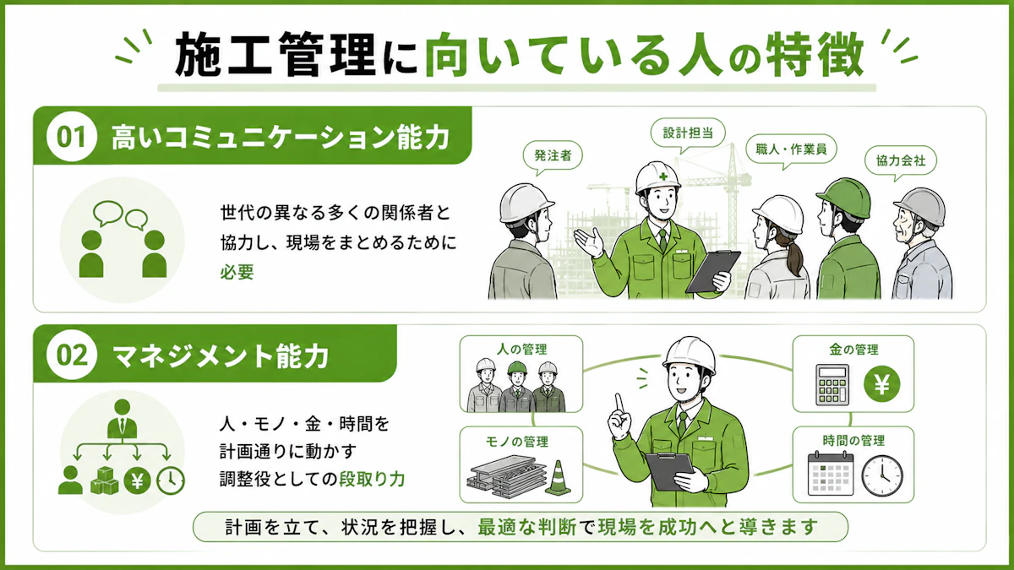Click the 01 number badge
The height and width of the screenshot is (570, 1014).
pyautogui.click(x=72, y=137)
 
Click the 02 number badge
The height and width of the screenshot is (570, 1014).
pyautogui.click(x=72, y=356)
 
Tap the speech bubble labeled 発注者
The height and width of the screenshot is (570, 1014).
pyautogui.click(x=553, y=156)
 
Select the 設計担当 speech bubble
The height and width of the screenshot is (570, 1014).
pyautogui.click(x=688, y=133)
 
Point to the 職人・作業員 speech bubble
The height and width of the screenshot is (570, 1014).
pyautogui.click(x=791, y=149)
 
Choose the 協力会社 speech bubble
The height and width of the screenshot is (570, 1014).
pyautogui.click(x=901, y=161)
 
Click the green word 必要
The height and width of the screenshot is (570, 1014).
pyautogui.click(x=237, y=272)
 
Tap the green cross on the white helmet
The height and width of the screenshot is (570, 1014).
pyautogui.click(x=663, y=176)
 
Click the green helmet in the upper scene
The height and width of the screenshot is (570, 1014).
pyautogui.click(x=844, y=198)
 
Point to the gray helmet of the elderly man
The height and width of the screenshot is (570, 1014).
pyautogui.click(x=920, y=206)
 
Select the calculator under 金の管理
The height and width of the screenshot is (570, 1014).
pyautogui.click(x=832, y=384)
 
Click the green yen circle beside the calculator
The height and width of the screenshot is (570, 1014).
pyautogui.click(x=881, y=384)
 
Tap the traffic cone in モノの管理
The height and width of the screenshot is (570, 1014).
pyautogui.click(x=559, y=478)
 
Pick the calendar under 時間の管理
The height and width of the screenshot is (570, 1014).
pyautogui.click(x=830, y=474)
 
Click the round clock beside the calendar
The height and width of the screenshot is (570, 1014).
pyautogui.click(x=882, y=475)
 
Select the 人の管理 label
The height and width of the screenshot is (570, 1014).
pyautogui.click(x=522, y=350)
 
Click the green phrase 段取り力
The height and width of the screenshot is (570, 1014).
pyautogui.click(x=372, y=479)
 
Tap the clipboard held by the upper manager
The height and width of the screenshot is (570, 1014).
pyautogui.click(x=712, y=271)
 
